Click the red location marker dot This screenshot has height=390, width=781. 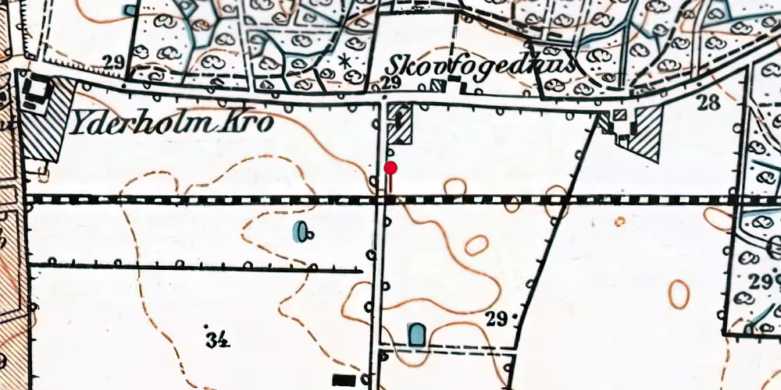391,168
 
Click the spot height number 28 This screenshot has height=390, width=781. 708,102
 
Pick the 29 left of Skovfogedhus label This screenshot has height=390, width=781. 392,83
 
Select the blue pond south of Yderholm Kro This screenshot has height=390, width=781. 299,231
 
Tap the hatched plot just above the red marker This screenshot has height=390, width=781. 401,124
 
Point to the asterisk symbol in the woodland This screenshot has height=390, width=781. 344,60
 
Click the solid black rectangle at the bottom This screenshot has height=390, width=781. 344,380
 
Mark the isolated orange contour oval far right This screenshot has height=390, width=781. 678,294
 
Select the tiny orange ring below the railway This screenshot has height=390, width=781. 619,222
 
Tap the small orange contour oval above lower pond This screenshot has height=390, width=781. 476,246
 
